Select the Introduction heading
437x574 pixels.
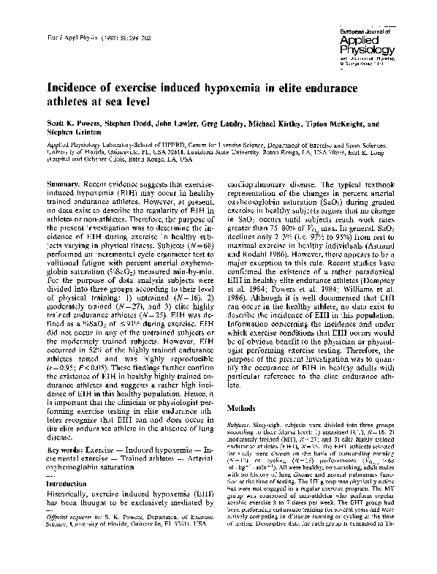point(66,463)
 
